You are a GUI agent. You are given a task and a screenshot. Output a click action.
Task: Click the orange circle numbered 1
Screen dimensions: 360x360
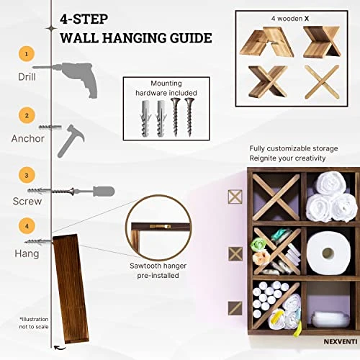(x=26, y=53)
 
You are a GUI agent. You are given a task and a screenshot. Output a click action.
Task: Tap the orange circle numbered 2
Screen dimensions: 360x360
(x=26, y=114)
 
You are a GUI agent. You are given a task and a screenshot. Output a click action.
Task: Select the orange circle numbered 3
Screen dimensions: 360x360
(x=26, y=174)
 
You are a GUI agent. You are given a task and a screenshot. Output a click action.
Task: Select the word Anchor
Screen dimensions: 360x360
(x=27, y=137)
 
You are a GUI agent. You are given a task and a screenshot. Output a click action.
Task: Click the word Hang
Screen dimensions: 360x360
(x=27, y=253)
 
